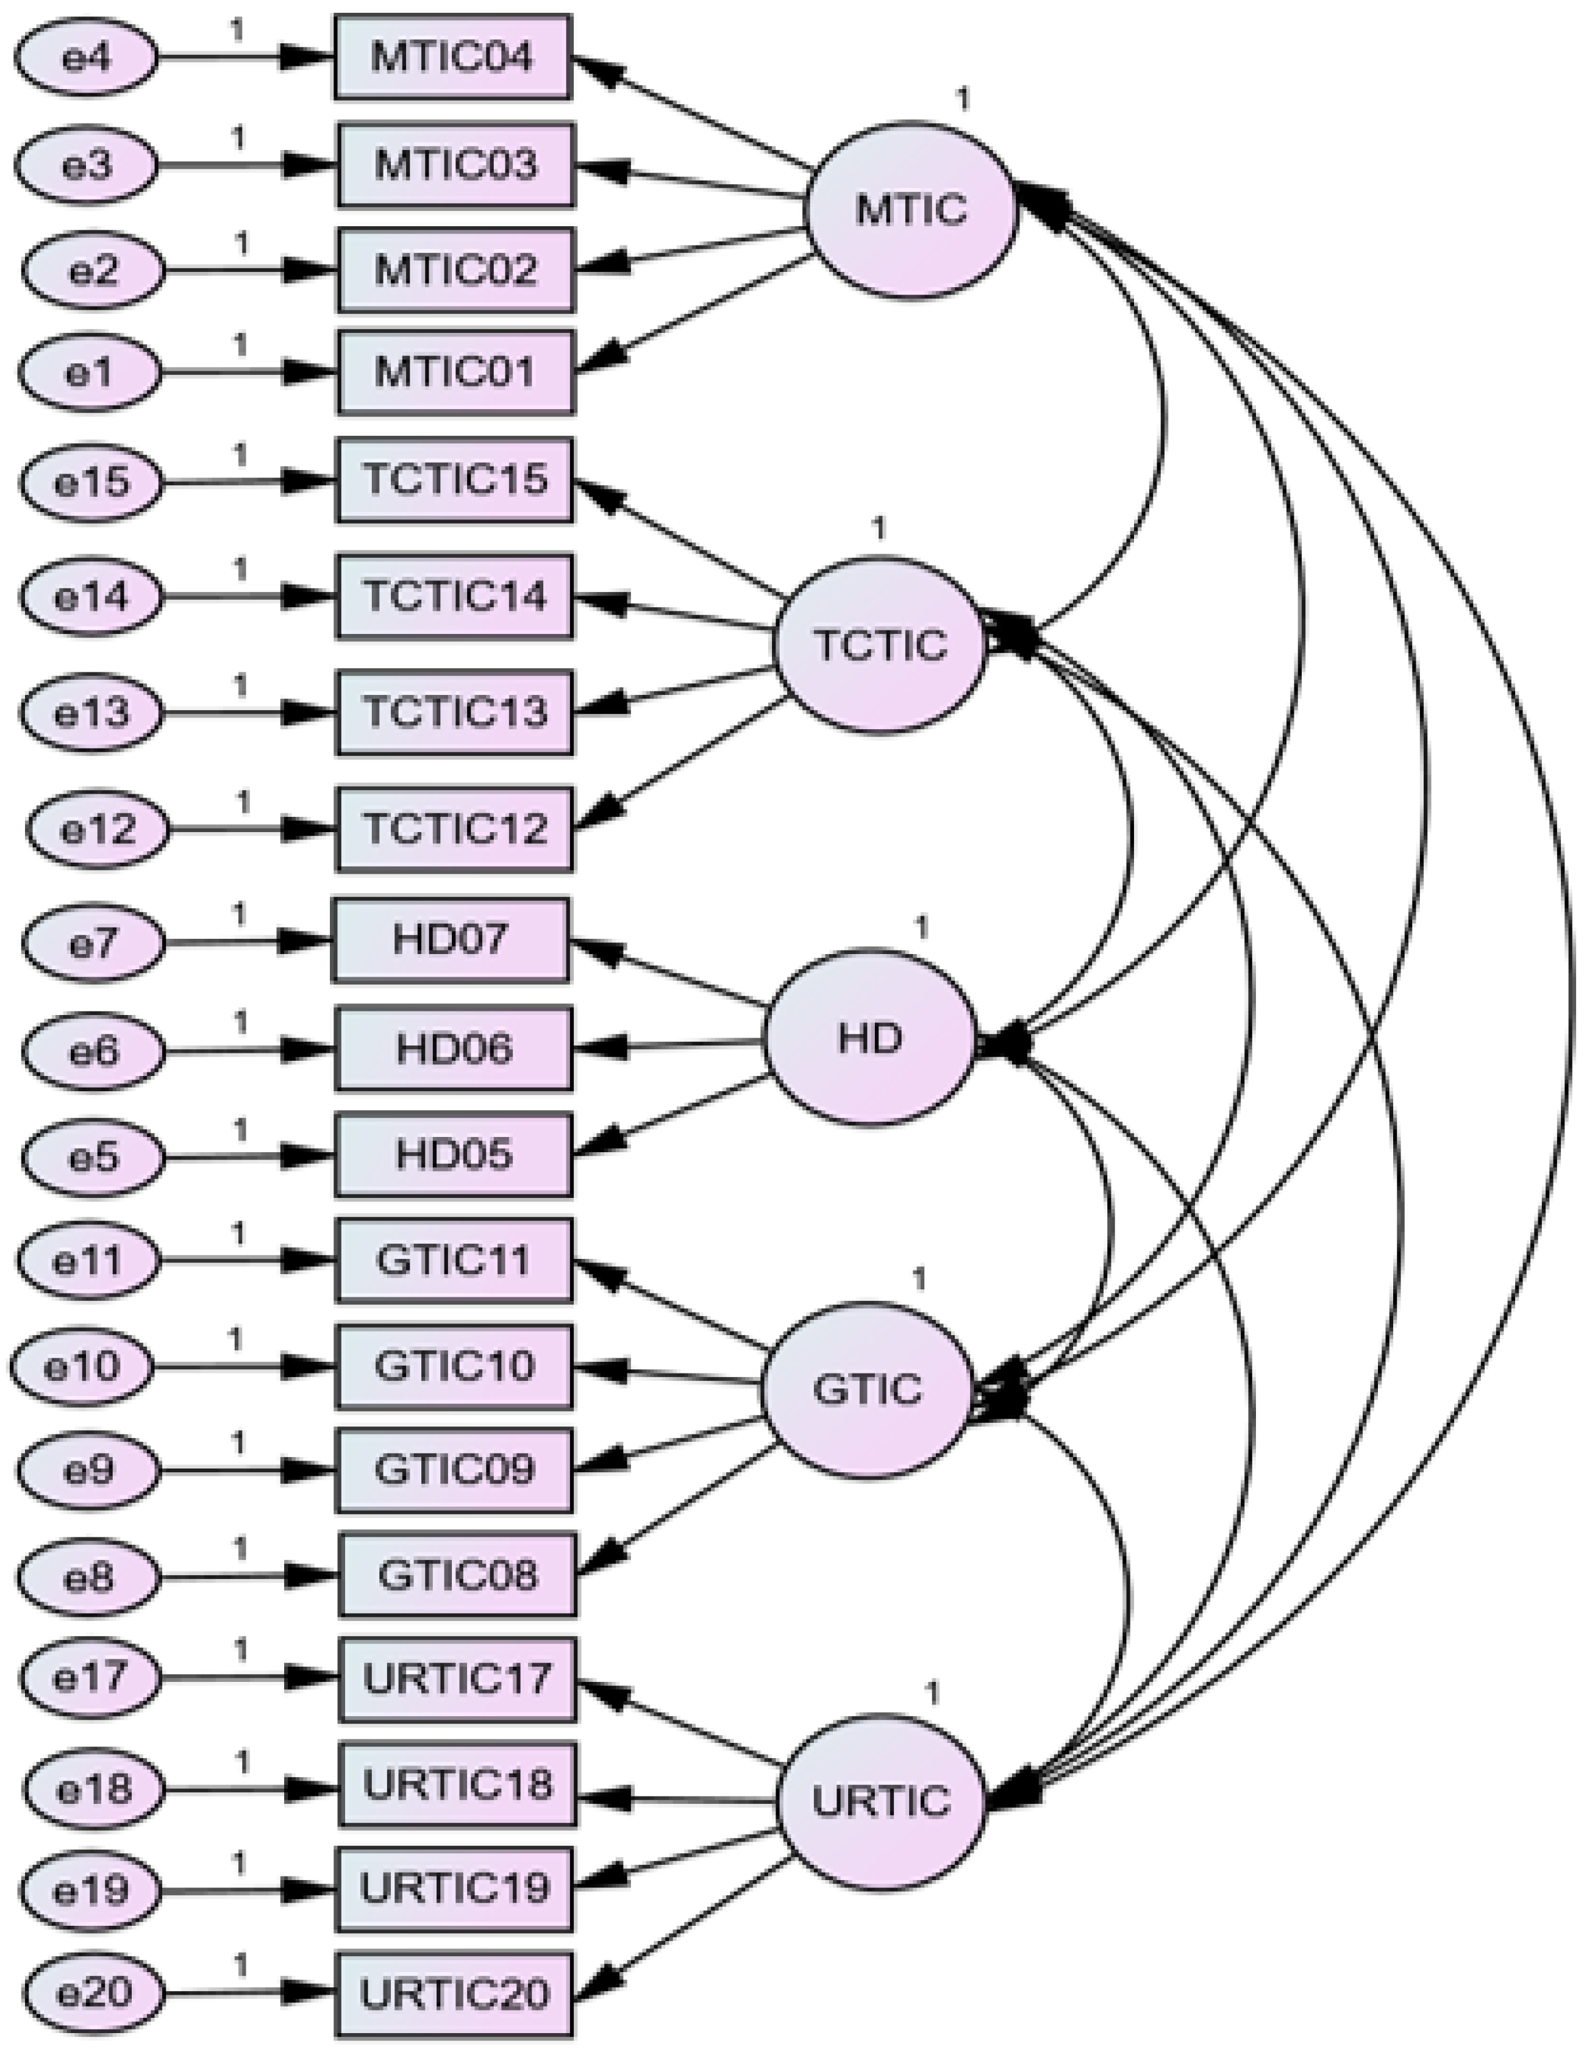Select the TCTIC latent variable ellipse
879,646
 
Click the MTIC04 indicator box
453,56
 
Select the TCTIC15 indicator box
455,479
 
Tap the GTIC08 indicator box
457,1575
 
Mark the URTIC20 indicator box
454,1993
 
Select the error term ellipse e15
91,482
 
